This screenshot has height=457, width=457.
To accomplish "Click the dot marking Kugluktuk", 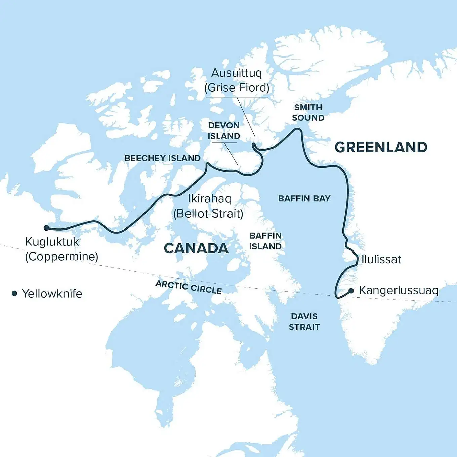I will coord(46,228).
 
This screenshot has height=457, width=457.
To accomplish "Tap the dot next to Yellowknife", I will coord(14,293).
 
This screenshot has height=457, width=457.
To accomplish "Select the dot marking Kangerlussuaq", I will coord(351,291).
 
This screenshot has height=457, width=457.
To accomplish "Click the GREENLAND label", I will coord(381,147).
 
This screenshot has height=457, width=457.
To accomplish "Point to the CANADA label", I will coord(196,248).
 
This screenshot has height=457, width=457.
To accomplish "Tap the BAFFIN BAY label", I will coord(304,198).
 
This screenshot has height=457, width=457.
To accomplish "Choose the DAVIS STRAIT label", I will coord(304,321).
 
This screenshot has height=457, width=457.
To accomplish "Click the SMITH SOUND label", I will coord(308,112).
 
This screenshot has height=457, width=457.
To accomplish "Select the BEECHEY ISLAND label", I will coord(162,158).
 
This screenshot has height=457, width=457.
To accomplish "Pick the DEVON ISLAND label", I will coord(224,131).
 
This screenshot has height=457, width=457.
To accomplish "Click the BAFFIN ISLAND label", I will coord(265,241).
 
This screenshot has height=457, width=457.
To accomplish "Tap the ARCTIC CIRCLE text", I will coord(189,287).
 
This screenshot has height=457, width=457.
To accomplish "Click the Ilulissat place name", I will coord(381,259).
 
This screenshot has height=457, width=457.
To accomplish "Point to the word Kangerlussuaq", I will coord(399,290).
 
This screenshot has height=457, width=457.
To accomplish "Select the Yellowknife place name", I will coord(52,293).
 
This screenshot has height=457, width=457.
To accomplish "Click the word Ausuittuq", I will coord(237,73).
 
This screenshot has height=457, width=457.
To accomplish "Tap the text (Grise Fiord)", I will coord(237,88).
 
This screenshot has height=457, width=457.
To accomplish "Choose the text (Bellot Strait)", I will coord(208,214).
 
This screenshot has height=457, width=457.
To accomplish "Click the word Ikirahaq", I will coord(210,198).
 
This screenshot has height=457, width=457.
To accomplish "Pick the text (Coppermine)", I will coord(62,257).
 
